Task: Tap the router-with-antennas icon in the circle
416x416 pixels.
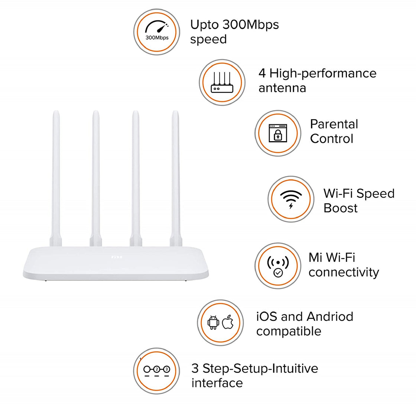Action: click(x=222, y=82)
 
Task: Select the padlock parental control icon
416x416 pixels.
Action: click(x=278, y=133)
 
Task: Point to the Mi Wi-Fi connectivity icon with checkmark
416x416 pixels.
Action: click(x=278, y=266)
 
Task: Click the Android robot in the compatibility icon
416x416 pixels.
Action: click(x=213, y=322)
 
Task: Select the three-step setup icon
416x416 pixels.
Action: click(x=156, y=370)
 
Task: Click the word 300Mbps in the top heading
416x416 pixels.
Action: click(x=251, y=25)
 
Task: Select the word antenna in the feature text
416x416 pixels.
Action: click(x=282, y=88)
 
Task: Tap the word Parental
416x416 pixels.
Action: click(x=334, y=124)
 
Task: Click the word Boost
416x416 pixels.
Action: click(x=340, y=208)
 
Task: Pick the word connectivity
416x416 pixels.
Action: click(x=344, y=272)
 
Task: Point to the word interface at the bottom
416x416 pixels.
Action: click(x=217, y=383)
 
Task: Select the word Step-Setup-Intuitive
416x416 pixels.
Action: click(x=260, y=368)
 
